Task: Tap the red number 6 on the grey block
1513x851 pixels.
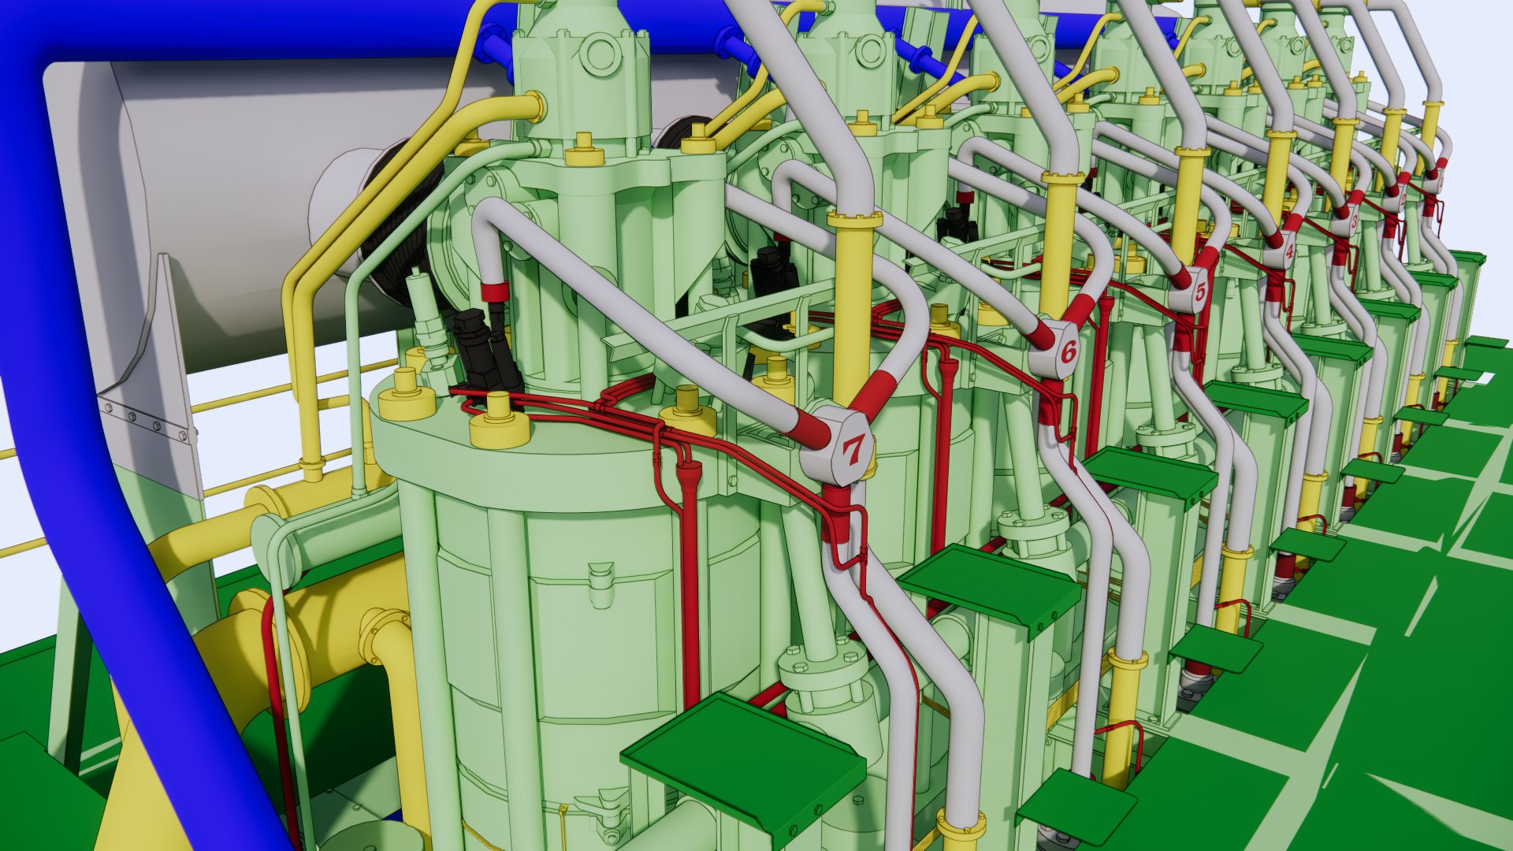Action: pos(1069,351)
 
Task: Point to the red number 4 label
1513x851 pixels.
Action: pos(1288,253)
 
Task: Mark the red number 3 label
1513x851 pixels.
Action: pos(1354,223)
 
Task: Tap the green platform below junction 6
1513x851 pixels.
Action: pos(988,586)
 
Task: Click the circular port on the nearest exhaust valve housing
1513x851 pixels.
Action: pos(599,54)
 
